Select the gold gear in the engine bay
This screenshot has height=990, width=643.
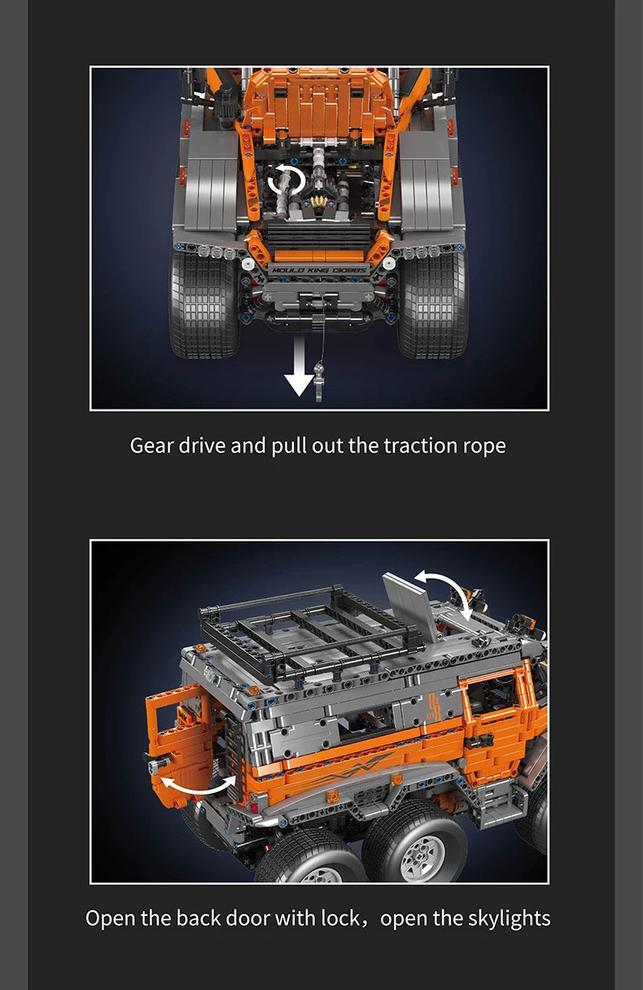(318, 202)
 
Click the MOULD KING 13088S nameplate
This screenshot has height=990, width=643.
(318, 270)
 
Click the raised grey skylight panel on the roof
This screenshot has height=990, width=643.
(410, 606)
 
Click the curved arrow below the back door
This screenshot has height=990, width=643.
(198, 790)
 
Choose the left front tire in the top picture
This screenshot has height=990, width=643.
(204, 304)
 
